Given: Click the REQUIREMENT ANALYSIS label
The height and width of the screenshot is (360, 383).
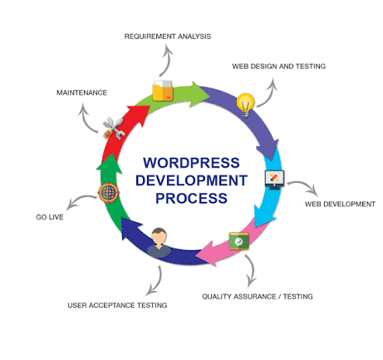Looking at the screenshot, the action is pyautogui.click(x=168, y=37).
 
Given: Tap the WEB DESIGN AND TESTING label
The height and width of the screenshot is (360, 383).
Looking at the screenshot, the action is pyautogui.click(x=279, y=67).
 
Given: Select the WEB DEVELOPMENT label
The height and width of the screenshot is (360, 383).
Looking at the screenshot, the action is pyautogui.click(x=340, y=204).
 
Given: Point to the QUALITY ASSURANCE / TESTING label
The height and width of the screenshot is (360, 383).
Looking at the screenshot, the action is pyautogui.click(x=258, y=297).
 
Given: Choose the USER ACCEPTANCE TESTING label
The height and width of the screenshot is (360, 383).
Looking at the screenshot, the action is pyautogui.click(x=117, y=305).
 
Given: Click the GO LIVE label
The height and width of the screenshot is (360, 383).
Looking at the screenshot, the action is pyautogui.click(x=50, y=217).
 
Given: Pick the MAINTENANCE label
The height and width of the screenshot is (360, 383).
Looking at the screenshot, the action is pyautogui.click(x=81, y=92).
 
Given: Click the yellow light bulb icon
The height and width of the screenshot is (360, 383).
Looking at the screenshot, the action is pyautogui.click(x=246, y=106).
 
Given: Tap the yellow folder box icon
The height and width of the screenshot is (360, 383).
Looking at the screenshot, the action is pyautogui.click(x=163, y=91).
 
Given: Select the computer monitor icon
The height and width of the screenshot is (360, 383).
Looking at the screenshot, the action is pyautogui.click(x=274, y=180).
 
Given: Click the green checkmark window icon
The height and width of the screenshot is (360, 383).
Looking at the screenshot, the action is pyautogui.click(x=238, y=241).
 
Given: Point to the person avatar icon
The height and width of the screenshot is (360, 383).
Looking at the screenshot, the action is pyautogui.click(x=159, y=243).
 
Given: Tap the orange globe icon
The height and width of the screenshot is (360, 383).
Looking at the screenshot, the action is pyautogui.click(x=108, y=192).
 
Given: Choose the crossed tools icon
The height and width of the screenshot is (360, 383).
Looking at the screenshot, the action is pyautogui.click(x=113, y=128).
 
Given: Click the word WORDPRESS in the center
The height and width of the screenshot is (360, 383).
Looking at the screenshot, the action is pyautogui.click(x=191, y=163).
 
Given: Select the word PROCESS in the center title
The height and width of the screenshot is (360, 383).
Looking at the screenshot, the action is pyautogui.click(x=191, y=199).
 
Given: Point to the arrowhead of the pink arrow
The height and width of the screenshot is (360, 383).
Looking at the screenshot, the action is pyautogui.click(x=207, y=253).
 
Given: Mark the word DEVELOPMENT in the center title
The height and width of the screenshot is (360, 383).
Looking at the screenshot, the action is pyautogui.click(x=191, y=180).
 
